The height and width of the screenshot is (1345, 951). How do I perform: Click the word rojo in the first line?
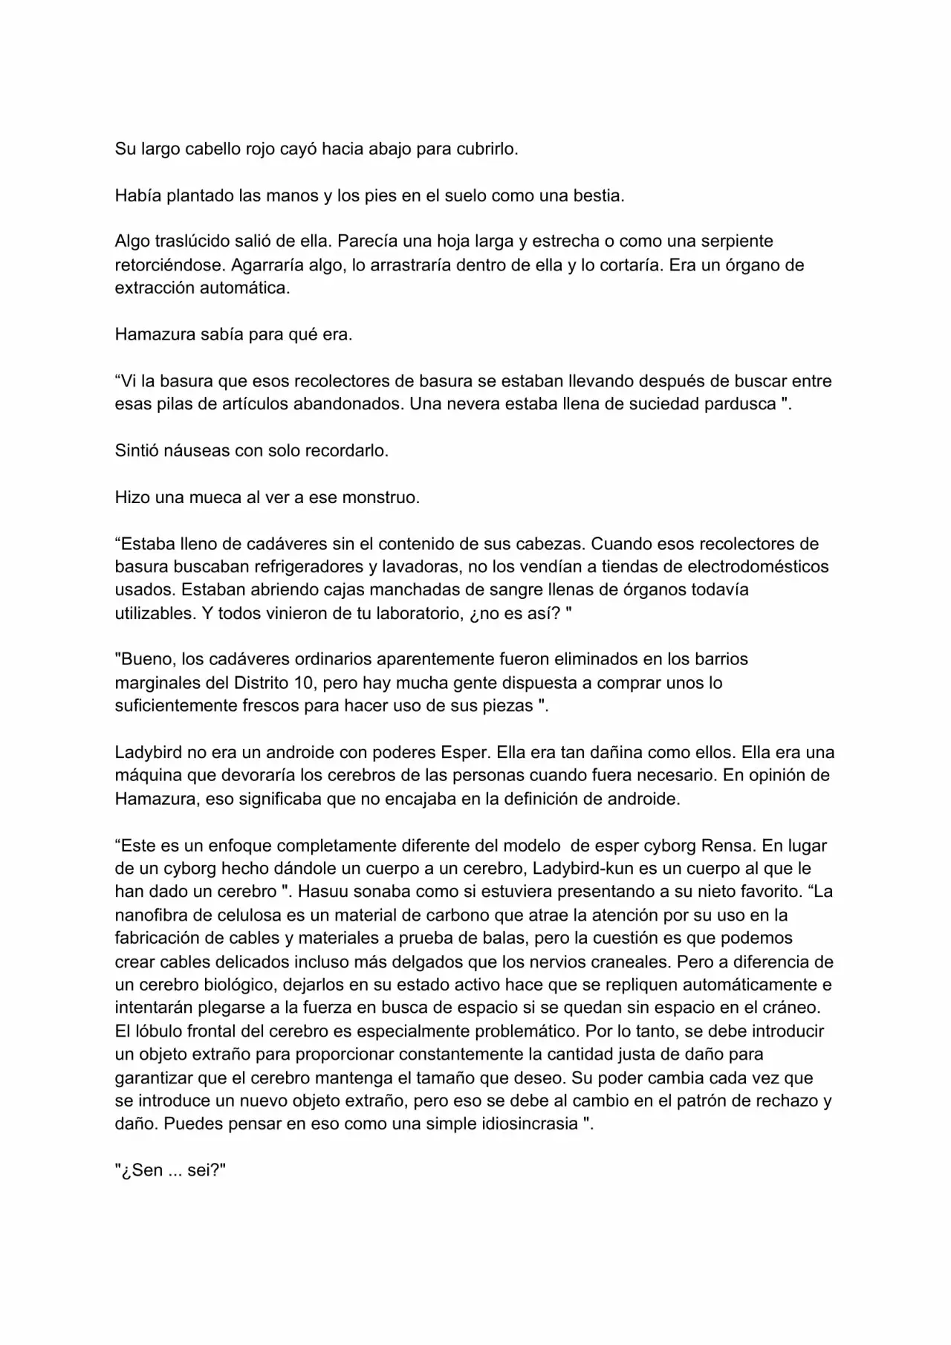(260, 149)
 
